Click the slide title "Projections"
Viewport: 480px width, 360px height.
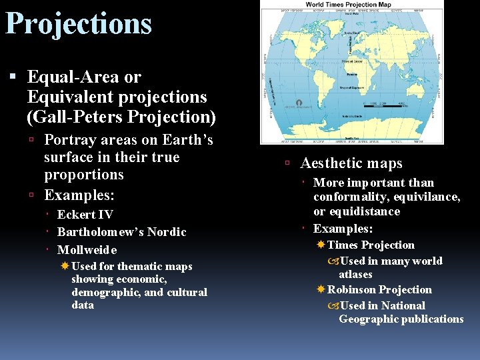[79, 24]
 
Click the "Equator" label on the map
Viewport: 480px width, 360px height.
[351, 61]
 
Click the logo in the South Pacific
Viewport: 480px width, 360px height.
[299, 103]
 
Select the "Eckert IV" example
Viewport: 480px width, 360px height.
[85, 215]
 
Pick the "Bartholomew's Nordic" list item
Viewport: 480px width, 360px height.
[121, 232]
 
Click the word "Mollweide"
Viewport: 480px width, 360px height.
[87, 250]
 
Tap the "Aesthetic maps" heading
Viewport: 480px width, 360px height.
[351, 163]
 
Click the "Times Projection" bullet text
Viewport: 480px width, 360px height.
[371, 245]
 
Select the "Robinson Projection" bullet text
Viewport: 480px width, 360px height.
[379, 290]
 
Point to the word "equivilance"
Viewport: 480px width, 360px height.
[427, 197]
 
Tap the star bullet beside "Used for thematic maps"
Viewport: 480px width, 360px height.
[65, 266]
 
